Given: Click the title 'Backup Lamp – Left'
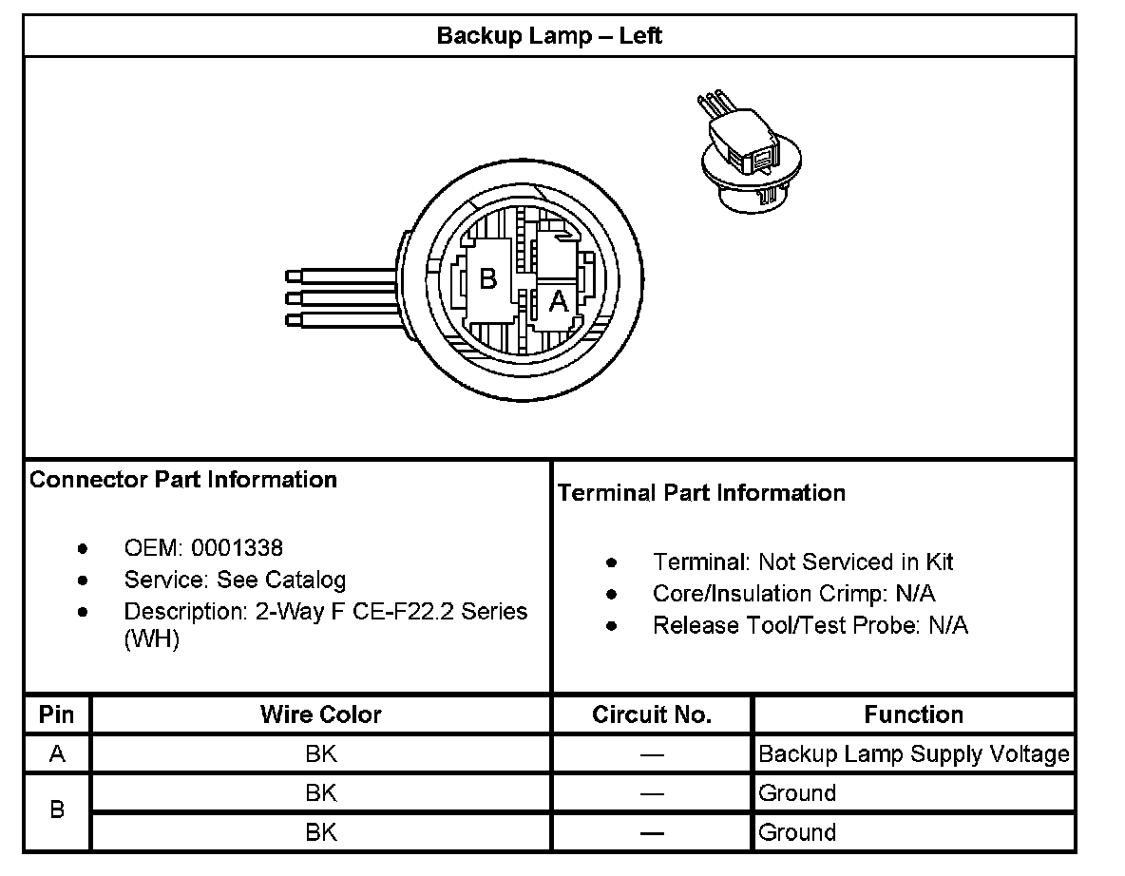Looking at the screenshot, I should coord(549,36).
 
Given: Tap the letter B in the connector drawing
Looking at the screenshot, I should coord(487,279).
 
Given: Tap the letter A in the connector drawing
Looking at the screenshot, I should coord(559,302).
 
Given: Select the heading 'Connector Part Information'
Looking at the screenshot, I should coord(183,479).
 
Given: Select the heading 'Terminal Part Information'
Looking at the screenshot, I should coord(701,492).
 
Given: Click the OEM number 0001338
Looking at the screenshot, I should coord(237,548).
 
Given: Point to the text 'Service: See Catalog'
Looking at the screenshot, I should coord(235,580).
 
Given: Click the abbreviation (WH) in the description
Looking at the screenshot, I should coord(152,639).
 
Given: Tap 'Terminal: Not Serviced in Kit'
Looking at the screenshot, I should coord(803,562).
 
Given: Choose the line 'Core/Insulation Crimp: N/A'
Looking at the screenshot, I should coord(793,594).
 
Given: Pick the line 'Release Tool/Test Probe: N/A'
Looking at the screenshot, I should coord(810,625).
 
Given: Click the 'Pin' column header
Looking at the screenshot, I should coord(57,714).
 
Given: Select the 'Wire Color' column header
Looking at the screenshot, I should coord(320,714).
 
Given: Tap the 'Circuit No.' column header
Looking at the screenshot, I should coord(651,714).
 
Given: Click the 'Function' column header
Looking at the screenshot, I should coord(913,714).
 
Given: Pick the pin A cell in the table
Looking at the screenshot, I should coord(57,754).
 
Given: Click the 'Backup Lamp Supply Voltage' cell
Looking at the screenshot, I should coord(913,754).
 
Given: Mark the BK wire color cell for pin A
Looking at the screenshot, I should coord(320,754).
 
